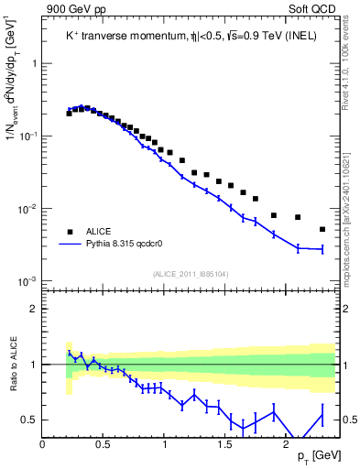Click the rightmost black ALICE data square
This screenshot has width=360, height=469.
(322, 229)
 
